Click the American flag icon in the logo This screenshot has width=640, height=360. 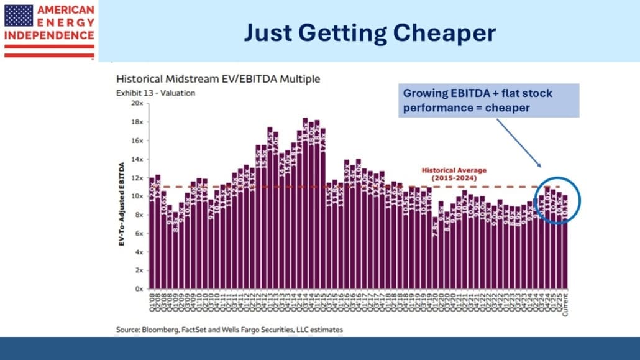pyautogui.click(x=19, y=16)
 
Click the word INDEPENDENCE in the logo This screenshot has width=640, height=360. pyautogui.click(x=49, y=35)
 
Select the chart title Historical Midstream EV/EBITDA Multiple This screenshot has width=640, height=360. pyautogui.click(x=217, y=80)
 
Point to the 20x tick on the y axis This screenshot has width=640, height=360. pyautogui.click(x=137, y=103)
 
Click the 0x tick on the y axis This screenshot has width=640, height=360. pyautogui.click(x=139, y=289)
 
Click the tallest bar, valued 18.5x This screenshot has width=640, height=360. pyautogui.click(x=305, y=205)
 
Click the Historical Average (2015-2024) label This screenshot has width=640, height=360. pyautogui.click(x=454, y=173)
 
